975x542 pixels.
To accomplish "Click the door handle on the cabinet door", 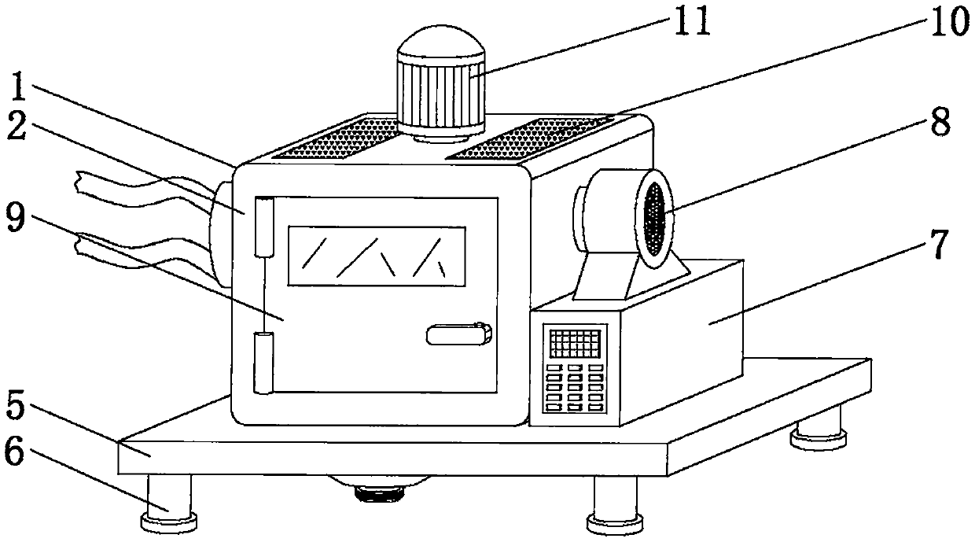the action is [458, 334].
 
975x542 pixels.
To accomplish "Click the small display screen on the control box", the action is [576, 344].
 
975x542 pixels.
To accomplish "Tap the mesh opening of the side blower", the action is [655, 214].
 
